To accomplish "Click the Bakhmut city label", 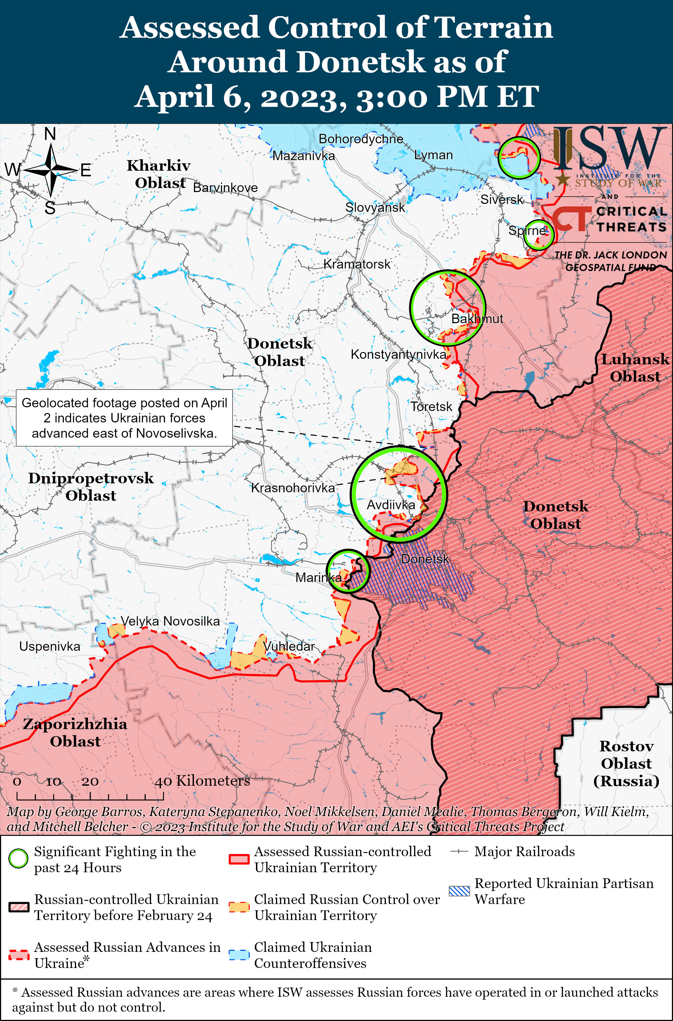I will pyautogui.click(x=477, y=319).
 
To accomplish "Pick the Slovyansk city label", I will pyautogui.click(x=375, y=208).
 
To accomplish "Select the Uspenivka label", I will pyautogui.click(x=50, y=646).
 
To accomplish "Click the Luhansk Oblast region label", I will pyautogui.click(x=635, y=368).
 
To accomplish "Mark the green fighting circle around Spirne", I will pyautogui.click(x=538, y=234).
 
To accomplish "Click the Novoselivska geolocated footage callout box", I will pyautogui.click(x=125, y=418).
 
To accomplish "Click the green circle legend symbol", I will pyautogui.click(x=18, y=859).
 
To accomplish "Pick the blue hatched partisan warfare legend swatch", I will pyautogui.click(x=459, y=891).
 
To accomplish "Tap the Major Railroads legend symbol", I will pyautogui.click(x=459, y=852).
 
